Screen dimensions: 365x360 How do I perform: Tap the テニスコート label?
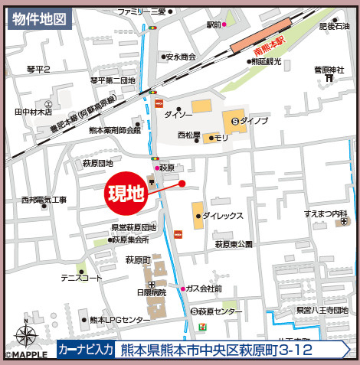(x=81, y=278)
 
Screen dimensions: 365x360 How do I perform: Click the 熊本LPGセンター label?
(x=119, y=319)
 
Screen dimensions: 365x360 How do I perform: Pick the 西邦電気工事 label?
(x=44, y=200)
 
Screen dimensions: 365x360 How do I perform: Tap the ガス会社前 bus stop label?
(x=204, y=288)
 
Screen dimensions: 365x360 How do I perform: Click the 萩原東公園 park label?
(x=234, y=244)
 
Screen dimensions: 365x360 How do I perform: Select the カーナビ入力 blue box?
(x=87, y=350)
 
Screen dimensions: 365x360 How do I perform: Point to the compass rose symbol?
(x=25, y=334)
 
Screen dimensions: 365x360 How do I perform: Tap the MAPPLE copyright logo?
(x=25, y=356)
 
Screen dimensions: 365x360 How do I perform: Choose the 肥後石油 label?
(x=334, y=27)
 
